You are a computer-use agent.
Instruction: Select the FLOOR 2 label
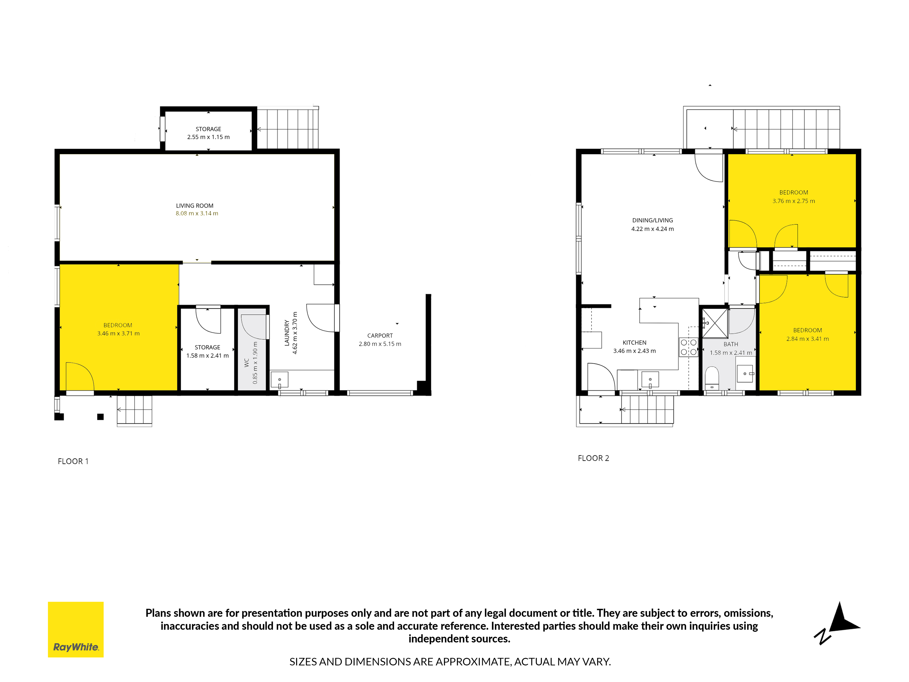tap(593, 458)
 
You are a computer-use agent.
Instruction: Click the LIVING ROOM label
tap(195, 206)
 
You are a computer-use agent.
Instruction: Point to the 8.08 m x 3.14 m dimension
tap(197, 213)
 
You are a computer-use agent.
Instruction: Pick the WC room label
tap(247, 363)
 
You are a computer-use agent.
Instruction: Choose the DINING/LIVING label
tap(653, 220)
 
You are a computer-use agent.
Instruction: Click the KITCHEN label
tap(634, 342)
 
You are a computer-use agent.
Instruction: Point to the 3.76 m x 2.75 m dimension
tap(794, 201)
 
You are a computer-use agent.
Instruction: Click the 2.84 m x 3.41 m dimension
tap(808, 339)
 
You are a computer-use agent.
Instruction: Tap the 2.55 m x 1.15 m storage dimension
tap(208, 137)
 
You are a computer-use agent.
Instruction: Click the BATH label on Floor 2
tap(731, 344)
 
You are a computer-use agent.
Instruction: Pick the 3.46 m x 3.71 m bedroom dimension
tap(118, 333)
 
